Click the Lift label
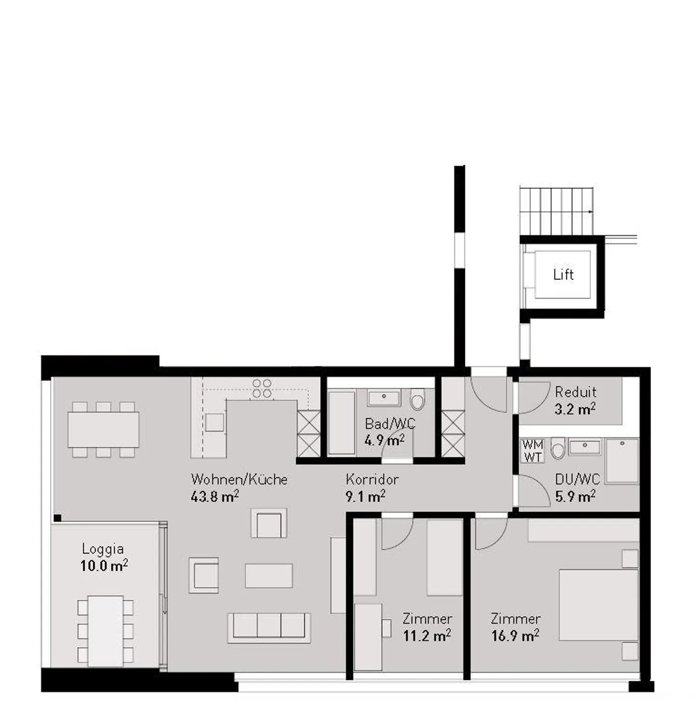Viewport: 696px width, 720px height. tap(563, 275)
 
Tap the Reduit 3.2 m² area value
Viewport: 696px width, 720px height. tap(575, 409)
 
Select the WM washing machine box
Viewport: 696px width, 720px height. tap(533, 444)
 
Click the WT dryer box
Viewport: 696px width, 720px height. tap(533, 456)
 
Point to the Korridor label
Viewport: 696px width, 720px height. tap(372, 480)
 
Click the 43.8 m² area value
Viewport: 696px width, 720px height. tap(215, 496)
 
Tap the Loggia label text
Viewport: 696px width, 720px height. tap(102, 549)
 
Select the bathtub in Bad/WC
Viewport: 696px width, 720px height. tap(342, 423)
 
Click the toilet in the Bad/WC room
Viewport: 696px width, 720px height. tap(417, 401)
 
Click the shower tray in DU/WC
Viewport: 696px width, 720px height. tap(622, 460)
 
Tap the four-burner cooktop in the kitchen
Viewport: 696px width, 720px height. tap(261, 389)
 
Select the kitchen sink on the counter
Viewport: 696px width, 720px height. tap(214, 422)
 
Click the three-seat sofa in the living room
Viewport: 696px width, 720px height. tap(269, 627)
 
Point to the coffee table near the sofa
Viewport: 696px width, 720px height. tap(269, 575)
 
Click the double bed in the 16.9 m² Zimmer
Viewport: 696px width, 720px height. tap(598, 605)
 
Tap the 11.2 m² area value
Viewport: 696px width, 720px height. tap(427, 635)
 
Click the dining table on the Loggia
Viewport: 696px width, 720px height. tap(105, 631)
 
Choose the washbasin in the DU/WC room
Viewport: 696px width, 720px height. tap(584, 447)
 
